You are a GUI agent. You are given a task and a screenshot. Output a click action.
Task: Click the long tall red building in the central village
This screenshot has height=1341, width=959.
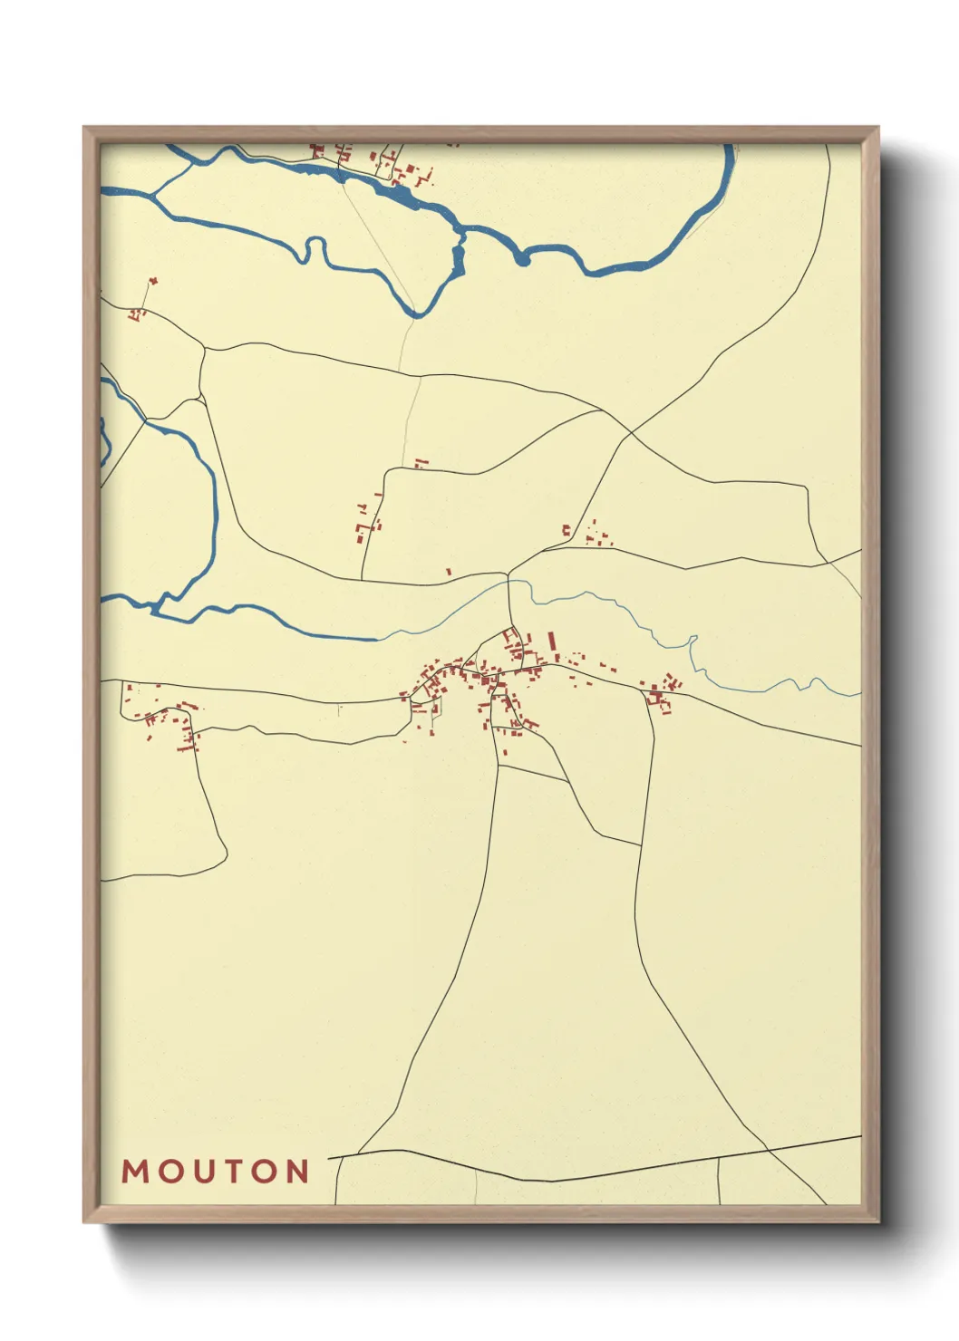(x=551, y=646)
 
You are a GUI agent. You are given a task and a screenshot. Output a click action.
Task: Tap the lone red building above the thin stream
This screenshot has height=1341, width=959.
(x=449, y=572)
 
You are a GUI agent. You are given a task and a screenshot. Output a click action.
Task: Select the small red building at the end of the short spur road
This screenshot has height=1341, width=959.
(x=152, y=281)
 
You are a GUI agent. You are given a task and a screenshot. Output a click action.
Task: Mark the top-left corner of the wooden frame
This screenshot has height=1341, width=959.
(x=84, y=127)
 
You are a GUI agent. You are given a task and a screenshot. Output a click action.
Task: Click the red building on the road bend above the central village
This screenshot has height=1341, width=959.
(x=420, y=464)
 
